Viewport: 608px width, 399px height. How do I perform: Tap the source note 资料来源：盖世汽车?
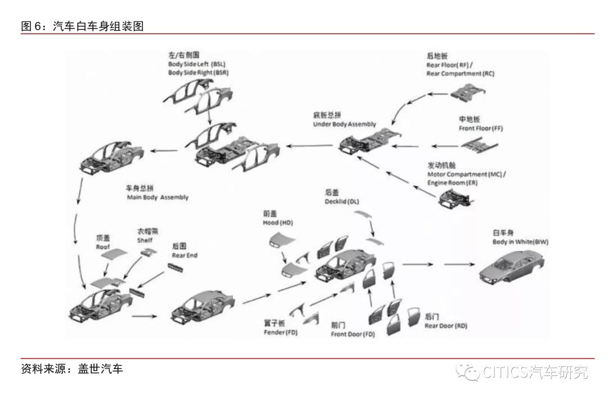pyautogui.click(x=71, y=369)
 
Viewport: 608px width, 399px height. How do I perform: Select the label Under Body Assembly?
pyautogui.click(x=344, y=124)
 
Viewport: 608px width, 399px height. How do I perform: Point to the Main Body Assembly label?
pyautogui.click(x=157, y=198)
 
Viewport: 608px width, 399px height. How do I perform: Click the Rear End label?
pyautogui.click(x=185, y=255)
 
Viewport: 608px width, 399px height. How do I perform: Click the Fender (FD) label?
pyautogui.click(x=280, y=333)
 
